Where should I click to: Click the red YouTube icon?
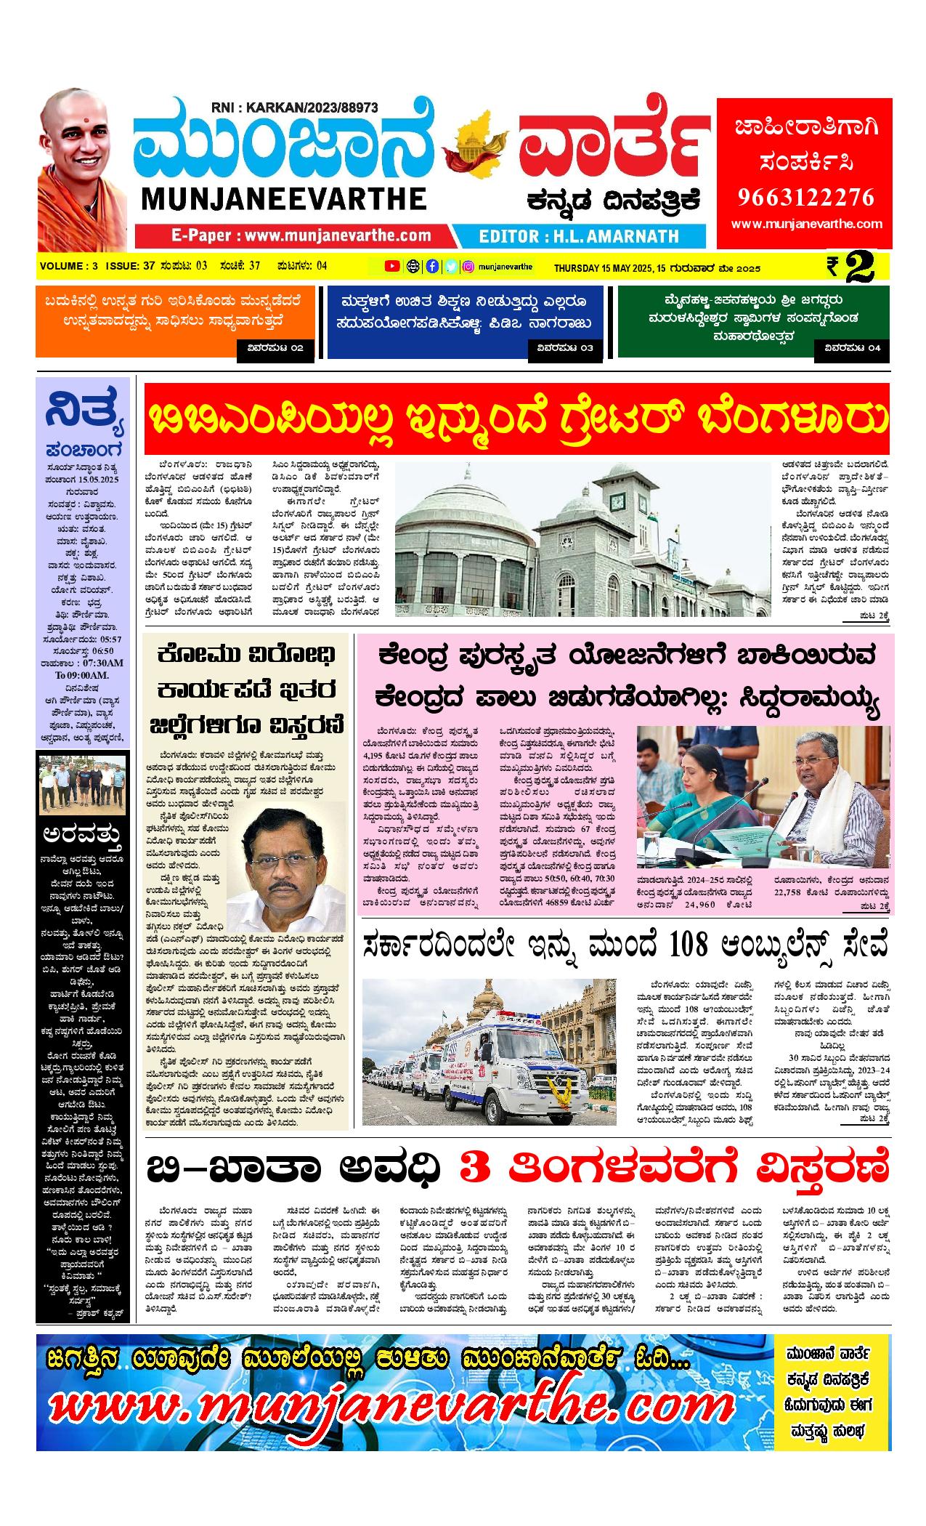[x=391, y=266]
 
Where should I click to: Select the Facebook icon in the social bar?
[x=432, y=266]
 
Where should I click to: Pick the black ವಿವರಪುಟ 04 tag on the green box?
[x=852, y=348]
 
